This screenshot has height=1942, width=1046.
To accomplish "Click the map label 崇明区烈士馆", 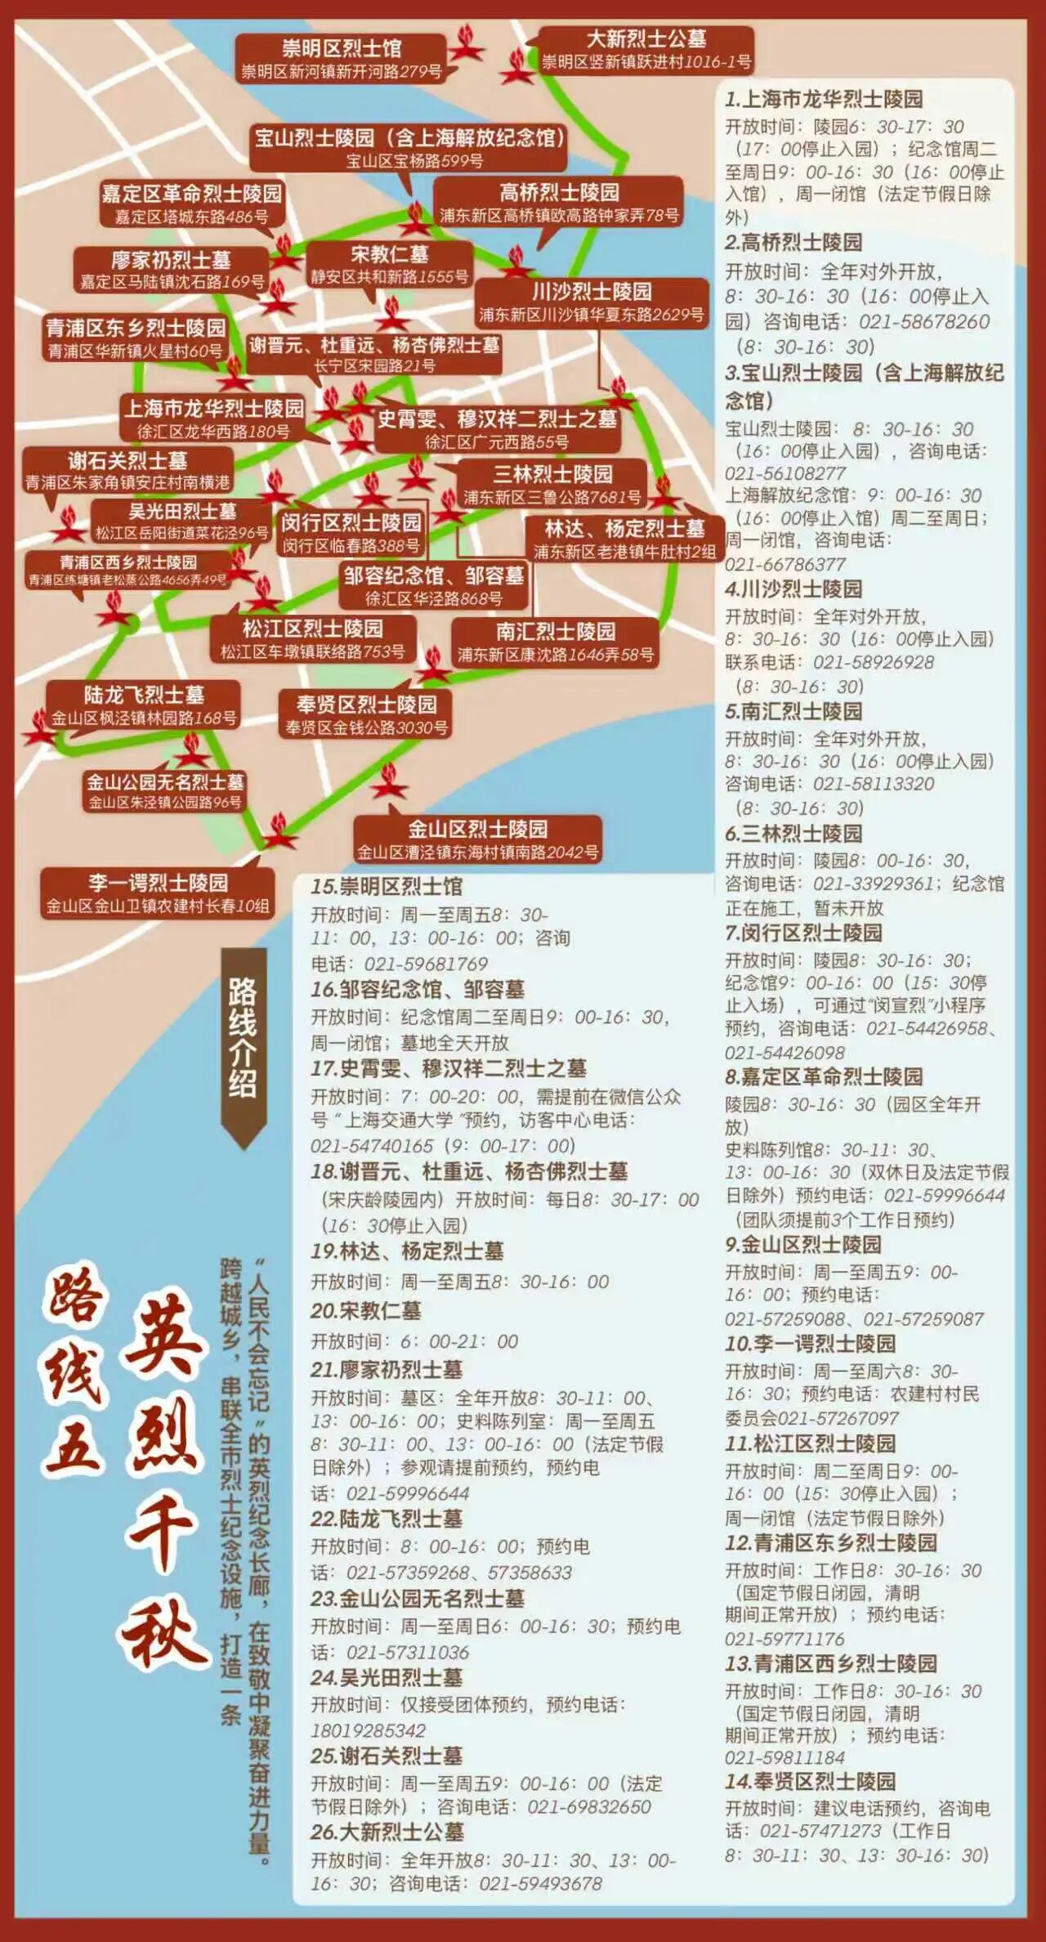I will [342, 58].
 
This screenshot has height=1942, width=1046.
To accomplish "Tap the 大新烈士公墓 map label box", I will [646, 49].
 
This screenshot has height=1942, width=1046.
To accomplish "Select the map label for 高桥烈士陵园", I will [559, 203].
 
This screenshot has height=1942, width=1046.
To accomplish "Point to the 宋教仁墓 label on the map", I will [389, 264].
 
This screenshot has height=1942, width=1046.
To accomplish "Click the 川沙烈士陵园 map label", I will [592, 302].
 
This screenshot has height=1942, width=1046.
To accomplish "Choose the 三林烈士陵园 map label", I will [552, 484].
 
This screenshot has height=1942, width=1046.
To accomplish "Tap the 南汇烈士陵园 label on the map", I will [556, 642].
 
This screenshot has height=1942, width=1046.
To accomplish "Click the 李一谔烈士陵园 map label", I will [158, 893].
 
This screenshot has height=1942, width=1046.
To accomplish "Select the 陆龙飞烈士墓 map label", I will [144, 705].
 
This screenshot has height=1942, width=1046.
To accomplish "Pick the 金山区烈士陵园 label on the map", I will [478, 839].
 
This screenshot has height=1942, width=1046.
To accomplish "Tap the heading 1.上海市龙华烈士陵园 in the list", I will [824, 99].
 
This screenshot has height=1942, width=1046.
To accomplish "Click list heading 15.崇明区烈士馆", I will [387, 886].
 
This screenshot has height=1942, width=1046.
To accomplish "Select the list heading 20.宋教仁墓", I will [365, 1311].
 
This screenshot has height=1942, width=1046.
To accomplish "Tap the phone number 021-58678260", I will [901, 321].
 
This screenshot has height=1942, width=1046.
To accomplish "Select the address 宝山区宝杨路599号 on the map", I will [413, 160].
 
